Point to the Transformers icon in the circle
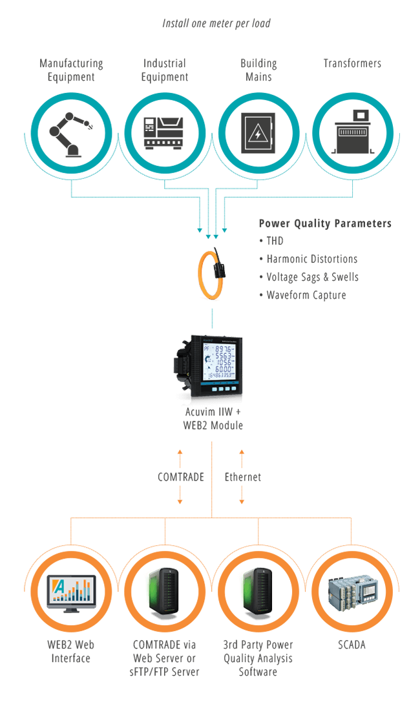(352, 133)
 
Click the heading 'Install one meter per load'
(216, 23)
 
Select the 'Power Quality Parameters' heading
(324, 223)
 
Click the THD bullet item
(275, 241)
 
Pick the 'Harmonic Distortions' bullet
(311, 259)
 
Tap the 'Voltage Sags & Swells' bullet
(312, 277)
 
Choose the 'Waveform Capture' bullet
(306, 295)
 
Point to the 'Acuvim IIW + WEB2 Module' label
(213, 419)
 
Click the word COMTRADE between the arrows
(180, 477)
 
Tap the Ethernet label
(242, 477)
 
